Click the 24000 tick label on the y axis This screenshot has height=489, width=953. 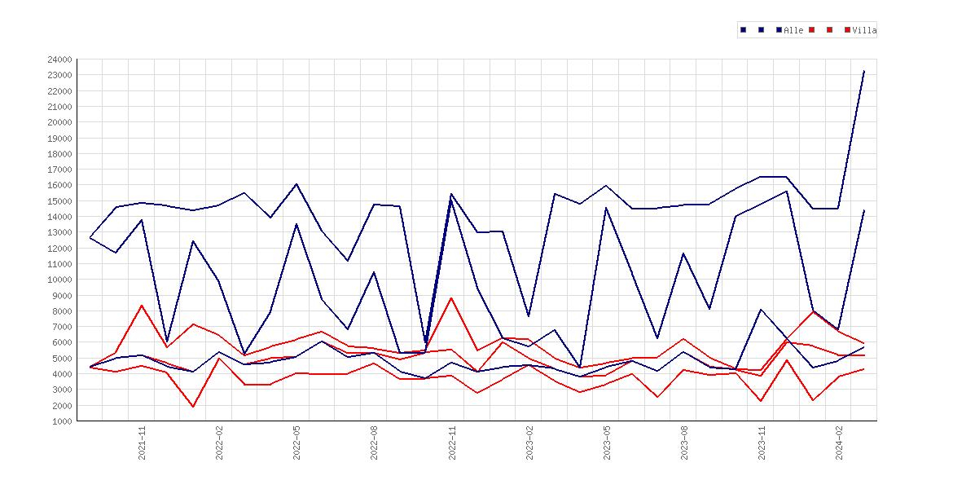(59, 59)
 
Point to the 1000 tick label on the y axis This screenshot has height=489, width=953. (62, 421)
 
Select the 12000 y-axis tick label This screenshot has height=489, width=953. (59, 248)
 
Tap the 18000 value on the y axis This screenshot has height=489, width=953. (59, 154)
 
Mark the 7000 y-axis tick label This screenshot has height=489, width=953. (62, 327)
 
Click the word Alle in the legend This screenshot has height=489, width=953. (794, 30)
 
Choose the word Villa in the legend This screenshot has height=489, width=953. (864, 30)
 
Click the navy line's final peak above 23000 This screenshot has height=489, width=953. (863, 71)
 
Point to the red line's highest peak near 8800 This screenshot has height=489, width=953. (451, 298)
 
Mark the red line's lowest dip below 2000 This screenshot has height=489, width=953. (193, 407)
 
